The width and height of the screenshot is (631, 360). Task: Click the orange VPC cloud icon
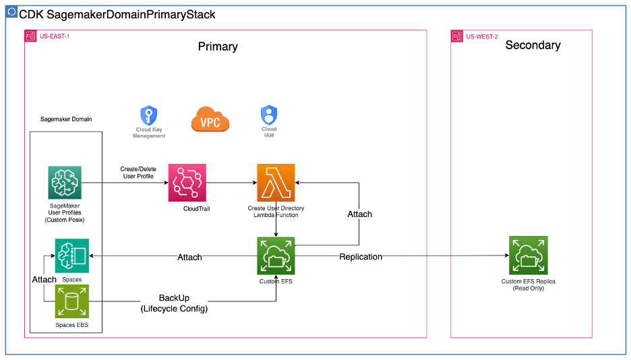click(x=210, y=119)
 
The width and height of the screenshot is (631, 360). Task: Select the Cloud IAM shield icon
click(x=268, y=115)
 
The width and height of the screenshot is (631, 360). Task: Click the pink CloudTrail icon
click(x=187, y=183)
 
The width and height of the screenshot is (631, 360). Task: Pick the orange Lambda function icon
click(x=276, y=183)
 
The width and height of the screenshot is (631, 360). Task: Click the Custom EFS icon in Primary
click(x=276, y=256)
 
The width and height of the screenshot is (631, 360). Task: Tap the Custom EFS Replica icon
click(x=528, y=256)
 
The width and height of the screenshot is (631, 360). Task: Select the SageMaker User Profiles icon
click(x=65, y=183)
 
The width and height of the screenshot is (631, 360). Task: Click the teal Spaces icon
click(x=72, y=256)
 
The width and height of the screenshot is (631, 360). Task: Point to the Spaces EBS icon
click(x=71, y=301)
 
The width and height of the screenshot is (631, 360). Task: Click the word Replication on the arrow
click(x=361, y=257)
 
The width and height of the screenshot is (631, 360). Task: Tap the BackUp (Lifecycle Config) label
click(x=174, y=303)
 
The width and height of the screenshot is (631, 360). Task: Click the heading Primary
click(x=218, y=47)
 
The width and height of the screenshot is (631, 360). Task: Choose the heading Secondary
click(x=533, y=45)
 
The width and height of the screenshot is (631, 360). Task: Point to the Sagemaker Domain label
click(x=66, y=119)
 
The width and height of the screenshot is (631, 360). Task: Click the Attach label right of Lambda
click(x=359, y=214)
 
